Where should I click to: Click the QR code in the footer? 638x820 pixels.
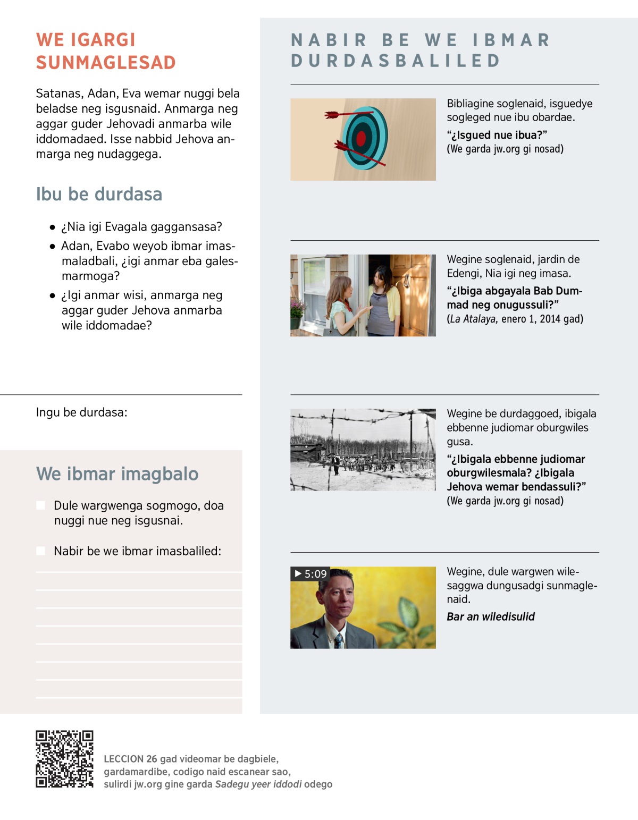[64, 758]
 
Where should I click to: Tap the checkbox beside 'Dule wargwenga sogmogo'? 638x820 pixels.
[40, 505]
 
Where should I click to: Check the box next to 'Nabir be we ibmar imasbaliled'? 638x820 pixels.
[40, 551]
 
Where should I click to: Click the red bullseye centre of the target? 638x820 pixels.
[361, 138]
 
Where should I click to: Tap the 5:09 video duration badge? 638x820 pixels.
[310, 574]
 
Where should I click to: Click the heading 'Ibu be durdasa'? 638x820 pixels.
[99, 195]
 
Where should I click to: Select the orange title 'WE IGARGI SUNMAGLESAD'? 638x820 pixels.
[106, 51]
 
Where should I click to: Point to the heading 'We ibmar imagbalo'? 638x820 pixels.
[117, 474]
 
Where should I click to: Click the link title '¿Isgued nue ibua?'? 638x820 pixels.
[497, 135]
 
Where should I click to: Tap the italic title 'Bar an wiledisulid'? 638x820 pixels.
[490, 616]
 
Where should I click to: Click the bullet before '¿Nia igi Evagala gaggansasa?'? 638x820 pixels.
[52, 227]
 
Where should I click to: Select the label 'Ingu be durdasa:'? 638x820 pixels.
[81, 412]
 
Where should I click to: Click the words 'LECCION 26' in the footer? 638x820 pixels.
[130, 759]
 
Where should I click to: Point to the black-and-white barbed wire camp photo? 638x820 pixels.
[363, 450]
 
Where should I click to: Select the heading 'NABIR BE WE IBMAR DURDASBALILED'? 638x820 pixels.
[420, 50]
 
